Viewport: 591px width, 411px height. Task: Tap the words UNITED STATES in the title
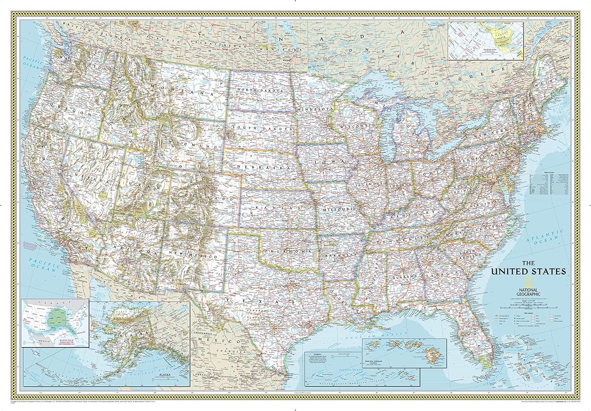tap(528, 271)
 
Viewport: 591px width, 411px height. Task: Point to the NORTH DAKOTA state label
tap(266, 90)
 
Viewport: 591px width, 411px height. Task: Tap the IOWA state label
tap(330, 161)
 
